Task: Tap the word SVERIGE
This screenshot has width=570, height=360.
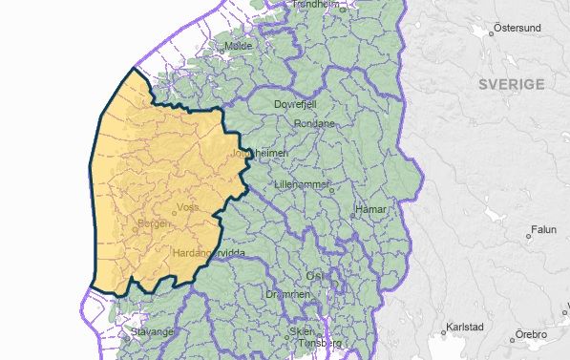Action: click(512, 84)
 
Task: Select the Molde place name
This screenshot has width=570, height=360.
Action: click(238, 46)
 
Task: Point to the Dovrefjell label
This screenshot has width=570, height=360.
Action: click(294, 104)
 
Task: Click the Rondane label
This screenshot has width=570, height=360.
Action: click(314, 123)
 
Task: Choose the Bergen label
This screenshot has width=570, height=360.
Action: click(156, 223)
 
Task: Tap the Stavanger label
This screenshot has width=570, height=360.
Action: click(152, 332)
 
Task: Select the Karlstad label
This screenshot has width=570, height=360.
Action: click(466, 328)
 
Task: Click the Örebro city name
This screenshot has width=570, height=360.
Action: click(531, 334)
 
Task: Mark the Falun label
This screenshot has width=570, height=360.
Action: click(544, 230)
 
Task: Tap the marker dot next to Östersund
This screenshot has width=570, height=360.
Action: click(492, 33)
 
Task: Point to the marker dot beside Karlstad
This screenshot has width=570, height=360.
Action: click(444, 333)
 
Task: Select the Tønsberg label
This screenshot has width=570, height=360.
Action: click(320, 342)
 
